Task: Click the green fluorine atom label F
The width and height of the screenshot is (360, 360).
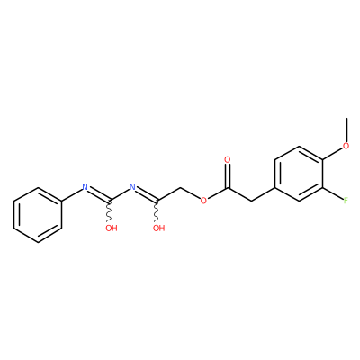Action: click(346, 201)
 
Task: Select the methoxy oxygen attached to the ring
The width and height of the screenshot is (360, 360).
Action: click(346, 146)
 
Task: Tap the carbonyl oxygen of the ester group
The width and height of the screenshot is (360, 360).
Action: click(228, 159)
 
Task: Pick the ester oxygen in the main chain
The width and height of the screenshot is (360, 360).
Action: click(203, 201)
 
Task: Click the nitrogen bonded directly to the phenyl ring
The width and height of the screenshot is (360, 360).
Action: click(85, 188)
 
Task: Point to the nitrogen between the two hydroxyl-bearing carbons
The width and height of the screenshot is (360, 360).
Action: click(132, 188)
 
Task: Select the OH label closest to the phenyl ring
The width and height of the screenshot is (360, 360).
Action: click(112, 229)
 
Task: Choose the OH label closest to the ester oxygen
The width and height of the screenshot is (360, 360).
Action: click(158, 229)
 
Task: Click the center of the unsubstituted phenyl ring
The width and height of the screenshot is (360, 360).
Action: click(38, 215)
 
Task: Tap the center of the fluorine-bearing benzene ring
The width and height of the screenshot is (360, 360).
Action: click(299, 174)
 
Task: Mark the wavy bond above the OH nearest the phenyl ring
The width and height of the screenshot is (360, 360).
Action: click(109, 211)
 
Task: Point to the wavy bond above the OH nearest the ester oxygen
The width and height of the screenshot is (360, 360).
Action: click(157, 211)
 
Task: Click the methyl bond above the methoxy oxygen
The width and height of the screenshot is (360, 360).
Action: click(346, 130)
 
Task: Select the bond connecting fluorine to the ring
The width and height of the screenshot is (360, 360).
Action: click(333, 193)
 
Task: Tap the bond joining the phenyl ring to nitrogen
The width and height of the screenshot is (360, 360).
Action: click(72, 195)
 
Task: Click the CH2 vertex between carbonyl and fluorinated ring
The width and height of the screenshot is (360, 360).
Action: click(251, 201)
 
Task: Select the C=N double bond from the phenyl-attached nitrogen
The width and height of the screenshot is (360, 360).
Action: click(99, 194)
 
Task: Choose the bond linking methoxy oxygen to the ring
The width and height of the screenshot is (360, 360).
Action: click(333, 153)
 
